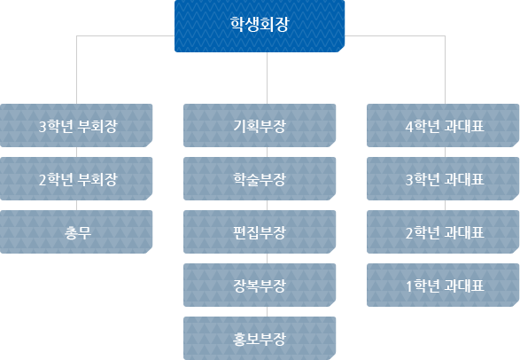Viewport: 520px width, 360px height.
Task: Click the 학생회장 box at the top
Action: [260, 26]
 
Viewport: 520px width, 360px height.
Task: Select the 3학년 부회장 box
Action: [76, 125]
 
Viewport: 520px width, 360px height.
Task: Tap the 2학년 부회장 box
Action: [76, 178]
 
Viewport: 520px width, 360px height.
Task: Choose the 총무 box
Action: [76, 232]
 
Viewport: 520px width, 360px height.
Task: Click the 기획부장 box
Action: [260, 125]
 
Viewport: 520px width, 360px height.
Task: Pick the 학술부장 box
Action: [260, 178]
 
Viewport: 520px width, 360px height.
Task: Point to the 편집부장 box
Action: [260, 232]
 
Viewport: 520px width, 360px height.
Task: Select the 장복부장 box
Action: [260, 285]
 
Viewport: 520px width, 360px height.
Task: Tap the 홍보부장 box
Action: [260, 338]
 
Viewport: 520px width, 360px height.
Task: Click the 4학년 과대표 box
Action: [443, 125]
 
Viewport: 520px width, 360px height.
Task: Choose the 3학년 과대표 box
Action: [443, 178]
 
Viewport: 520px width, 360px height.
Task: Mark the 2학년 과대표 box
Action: [443, 232]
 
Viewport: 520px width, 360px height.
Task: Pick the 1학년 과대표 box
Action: [443, 285]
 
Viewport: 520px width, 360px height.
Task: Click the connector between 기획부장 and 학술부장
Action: [267, 152]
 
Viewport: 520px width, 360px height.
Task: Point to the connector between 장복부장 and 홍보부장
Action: [267, 311]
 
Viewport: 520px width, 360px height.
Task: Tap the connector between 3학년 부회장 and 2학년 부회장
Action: [76, 152]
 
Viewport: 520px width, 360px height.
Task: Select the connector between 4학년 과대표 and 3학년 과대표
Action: [445, 152]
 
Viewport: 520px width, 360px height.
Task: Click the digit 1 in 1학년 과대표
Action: [409, 286]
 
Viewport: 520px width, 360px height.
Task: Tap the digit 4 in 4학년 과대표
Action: [409, 127]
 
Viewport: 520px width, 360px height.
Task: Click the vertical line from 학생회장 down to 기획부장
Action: [267, 78]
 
